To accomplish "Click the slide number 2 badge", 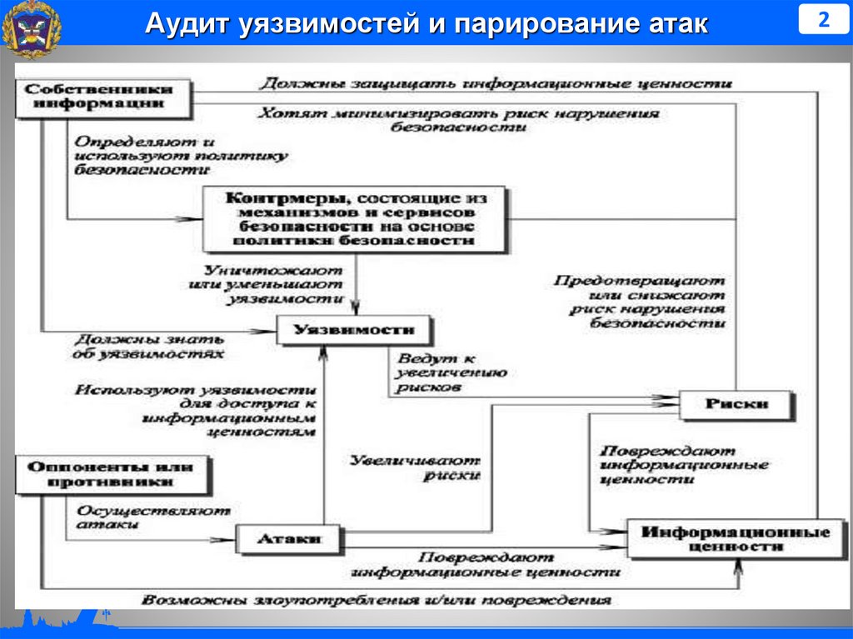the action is (823, 20).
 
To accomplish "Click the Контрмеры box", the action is (355, 219).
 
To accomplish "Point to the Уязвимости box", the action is (355, 331).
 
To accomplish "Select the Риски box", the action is (736, 405).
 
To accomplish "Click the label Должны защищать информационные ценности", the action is (495, 84).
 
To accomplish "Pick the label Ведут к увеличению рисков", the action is (446, 372).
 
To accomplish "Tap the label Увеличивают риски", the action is (414, 467).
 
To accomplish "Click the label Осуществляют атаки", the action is (153, 517).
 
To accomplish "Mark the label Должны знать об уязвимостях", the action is (150, 346).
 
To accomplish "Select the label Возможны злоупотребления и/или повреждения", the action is (376, 600).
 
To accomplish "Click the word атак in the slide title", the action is (669, 23).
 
